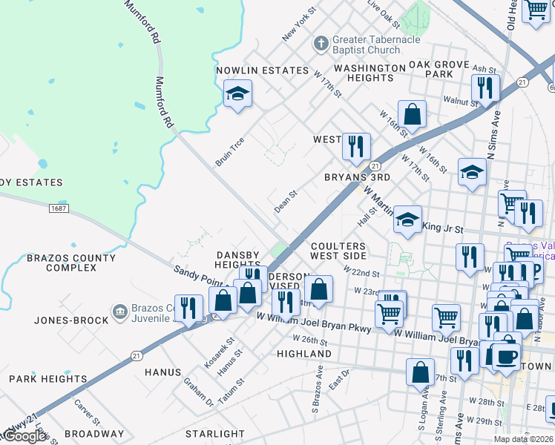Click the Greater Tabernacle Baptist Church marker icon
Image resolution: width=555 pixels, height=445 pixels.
(x=321, y=44)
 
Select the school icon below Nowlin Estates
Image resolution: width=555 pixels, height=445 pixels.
(x=237, y=94)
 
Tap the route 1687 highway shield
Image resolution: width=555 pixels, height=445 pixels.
(x=60, y=210)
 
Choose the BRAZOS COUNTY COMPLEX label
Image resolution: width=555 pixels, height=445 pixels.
(x=71, y=263)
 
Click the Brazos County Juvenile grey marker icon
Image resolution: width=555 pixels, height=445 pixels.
(x=119, y=311)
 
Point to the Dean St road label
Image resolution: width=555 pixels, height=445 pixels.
(x=286, y=201)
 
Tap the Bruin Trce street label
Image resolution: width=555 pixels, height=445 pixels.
(x=229, y=151)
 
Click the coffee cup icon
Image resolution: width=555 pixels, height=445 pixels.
(x=507, y=356)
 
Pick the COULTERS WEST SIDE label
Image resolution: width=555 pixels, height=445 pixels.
(x=338, y=251)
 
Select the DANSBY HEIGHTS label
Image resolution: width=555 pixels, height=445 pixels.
(x=237, y=260)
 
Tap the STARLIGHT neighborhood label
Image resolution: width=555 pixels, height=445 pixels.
(x=215, y=434)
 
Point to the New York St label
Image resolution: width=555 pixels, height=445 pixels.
(x=299, y=24)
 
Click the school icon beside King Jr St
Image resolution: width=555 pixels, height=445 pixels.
(x=407, y=219)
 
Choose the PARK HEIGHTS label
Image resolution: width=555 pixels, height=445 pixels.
(x=48, y=379)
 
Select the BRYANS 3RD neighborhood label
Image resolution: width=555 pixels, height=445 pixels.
(x=357, y=178)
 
